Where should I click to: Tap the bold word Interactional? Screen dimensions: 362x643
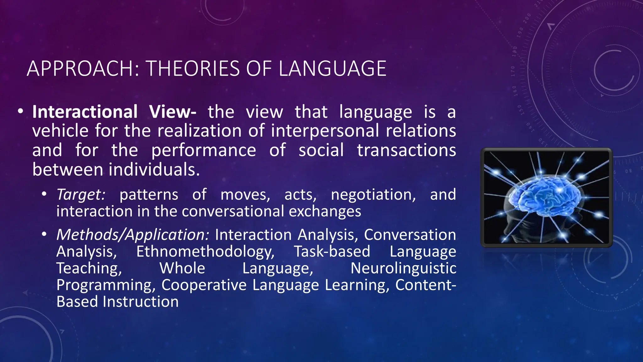(x=85, y=112)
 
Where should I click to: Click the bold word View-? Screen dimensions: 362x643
(x=172, y=112)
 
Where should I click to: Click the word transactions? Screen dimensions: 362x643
(x=406, y=150)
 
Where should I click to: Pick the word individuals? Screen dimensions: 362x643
(x=154, y=170)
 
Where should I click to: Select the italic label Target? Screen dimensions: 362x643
(x=81, y=195)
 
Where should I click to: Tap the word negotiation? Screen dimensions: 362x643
(x=373, y=195)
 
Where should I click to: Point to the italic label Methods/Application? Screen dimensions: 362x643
(x=133, y=235)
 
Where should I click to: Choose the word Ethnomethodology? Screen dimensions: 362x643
(x=205, y=251)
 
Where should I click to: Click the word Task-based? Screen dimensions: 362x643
(x=332, y=251)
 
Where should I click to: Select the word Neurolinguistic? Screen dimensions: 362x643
(x=403, y=268)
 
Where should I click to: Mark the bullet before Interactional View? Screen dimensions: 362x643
(x=20, y=111)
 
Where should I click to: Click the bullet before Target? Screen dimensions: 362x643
(x=44, y=194)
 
